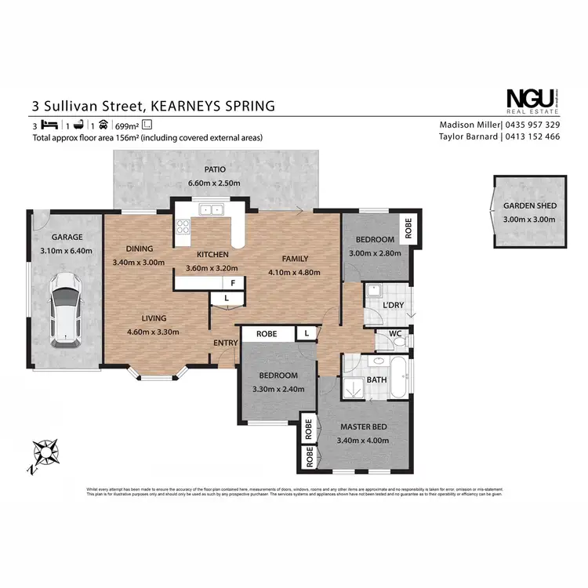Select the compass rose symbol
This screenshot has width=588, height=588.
[x=45, y=453]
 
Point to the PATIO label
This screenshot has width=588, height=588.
[x=215, y=169]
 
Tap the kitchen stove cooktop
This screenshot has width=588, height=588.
[x=183, y=227]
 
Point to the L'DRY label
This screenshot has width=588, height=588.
[x=392, y=304]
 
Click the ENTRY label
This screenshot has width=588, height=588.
[x=225, y=343]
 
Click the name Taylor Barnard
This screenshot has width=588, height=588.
[x=467, y=136]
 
